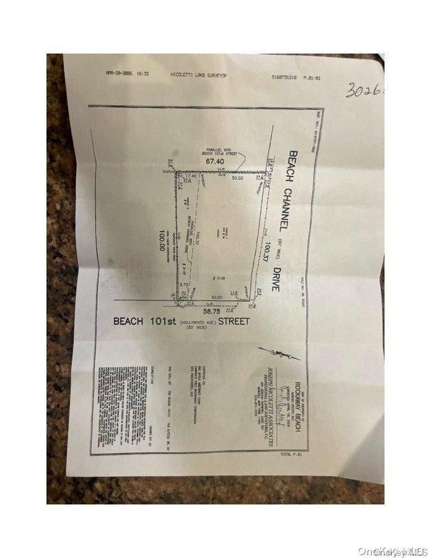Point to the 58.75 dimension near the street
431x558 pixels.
[213, 309]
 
